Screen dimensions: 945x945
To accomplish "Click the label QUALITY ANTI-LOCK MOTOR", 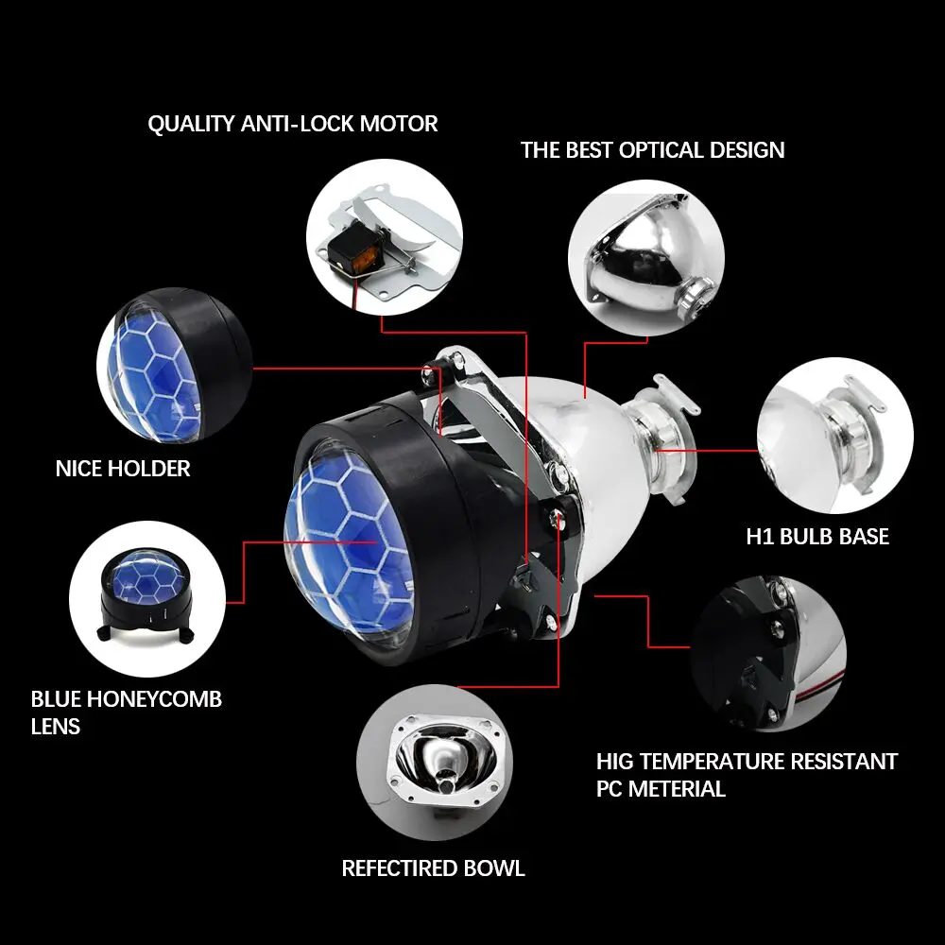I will click(293, 124).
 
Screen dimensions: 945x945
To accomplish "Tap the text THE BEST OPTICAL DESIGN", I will click(652, 150).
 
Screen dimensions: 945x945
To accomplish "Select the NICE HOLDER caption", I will click(123, 468).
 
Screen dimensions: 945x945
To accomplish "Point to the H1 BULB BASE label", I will click(817, 537).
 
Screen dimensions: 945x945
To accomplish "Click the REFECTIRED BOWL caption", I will click(433, 868).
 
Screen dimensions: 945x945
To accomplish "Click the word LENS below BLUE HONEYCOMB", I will click(56, 727).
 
